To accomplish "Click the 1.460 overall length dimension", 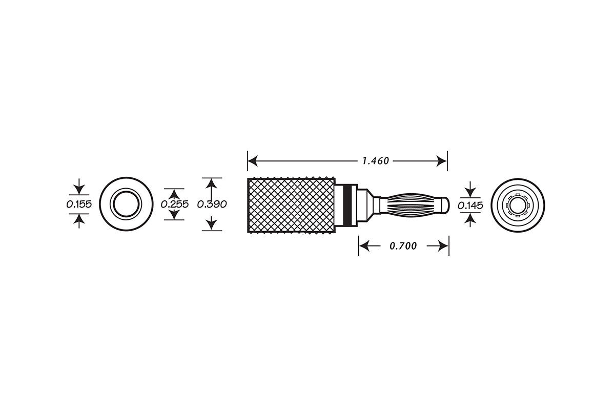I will coord(376,161).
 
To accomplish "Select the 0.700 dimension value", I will coord(403,246).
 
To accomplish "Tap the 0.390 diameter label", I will coord(212,204).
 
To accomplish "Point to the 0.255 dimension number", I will coord(175,204).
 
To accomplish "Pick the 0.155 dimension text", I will coord(78,204).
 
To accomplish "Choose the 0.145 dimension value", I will coord(470,206).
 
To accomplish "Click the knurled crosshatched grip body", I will coord(291,204).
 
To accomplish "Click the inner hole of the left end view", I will coord(126,204).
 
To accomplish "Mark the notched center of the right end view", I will coord(517,204).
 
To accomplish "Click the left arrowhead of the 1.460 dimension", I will coord(252,161).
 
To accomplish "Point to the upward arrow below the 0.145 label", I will coord(470,218).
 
